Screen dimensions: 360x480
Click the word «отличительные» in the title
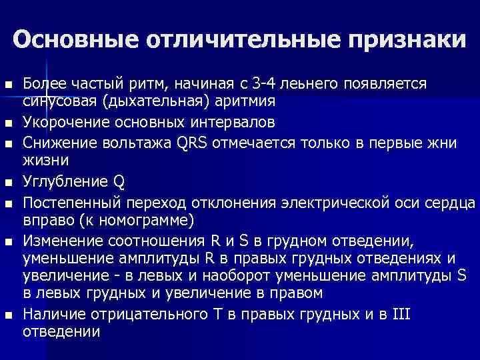(237, 40)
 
